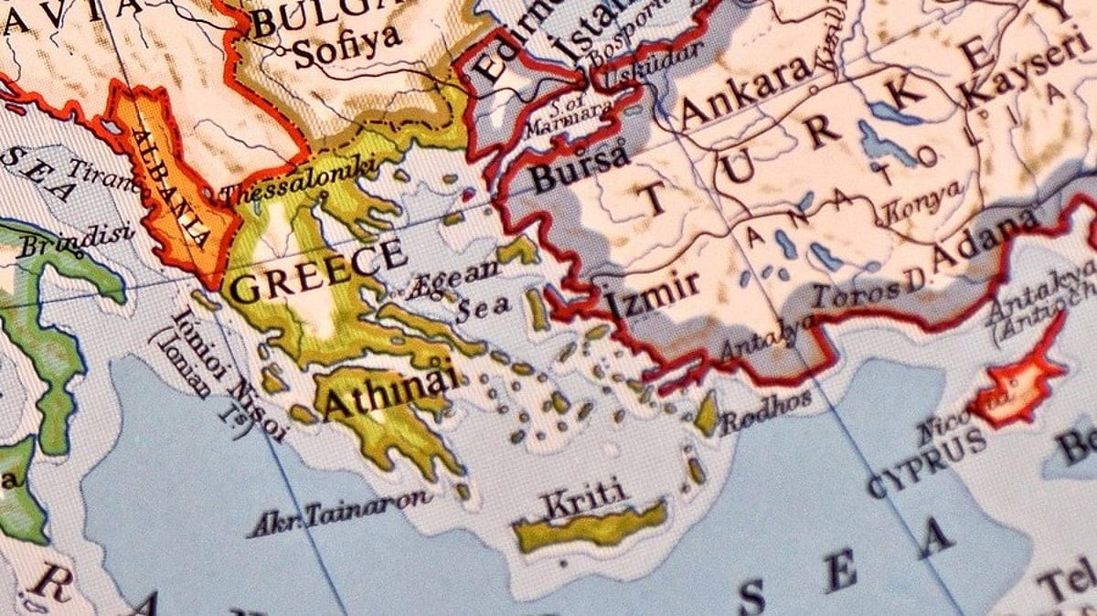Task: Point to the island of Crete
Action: point(590,528)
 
